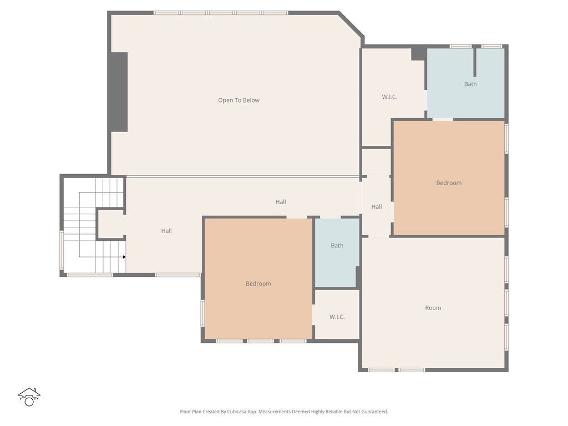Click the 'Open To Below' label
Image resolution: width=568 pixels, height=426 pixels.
click(239, 100)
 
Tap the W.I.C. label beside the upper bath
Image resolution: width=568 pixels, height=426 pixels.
click(389, 97)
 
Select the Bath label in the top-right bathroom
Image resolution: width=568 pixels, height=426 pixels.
click(470, 84)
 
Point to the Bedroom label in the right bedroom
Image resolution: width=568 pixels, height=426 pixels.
click(449, 183)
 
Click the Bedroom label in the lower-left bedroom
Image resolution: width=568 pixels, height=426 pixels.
click(258, 283)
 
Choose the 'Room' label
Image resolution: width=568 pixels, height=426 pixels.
click(433, 308)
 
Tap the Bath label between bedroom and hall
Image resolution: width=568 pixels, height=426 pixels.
click(337, 246)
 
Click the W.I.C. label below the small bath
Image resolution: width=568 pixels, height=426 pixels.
click(337, 317)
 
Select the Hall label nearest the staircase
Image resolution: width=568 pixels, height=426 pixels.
click(166, 231)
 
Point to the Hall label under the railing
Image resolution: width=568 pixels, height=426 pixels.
click(280, 202)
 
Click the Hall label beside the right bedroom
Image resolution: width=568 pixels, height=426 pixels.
click(377, 207)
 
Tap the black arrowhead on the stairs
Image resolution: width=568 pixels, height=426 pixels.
click(124, 257)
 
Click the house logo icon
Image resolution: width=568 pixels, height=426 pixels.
click(29, 397)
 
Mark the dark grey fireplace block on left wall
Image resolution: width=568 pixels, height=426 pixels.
click(119, 92)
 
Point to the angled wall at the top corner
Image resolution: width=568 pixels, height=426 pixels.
click(351, 24)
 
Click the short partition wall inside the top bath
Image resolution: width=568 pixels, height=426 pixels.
click(475, 62)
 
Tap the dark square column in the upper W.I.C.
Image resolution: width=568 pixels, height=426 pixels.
click(419, 54)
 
